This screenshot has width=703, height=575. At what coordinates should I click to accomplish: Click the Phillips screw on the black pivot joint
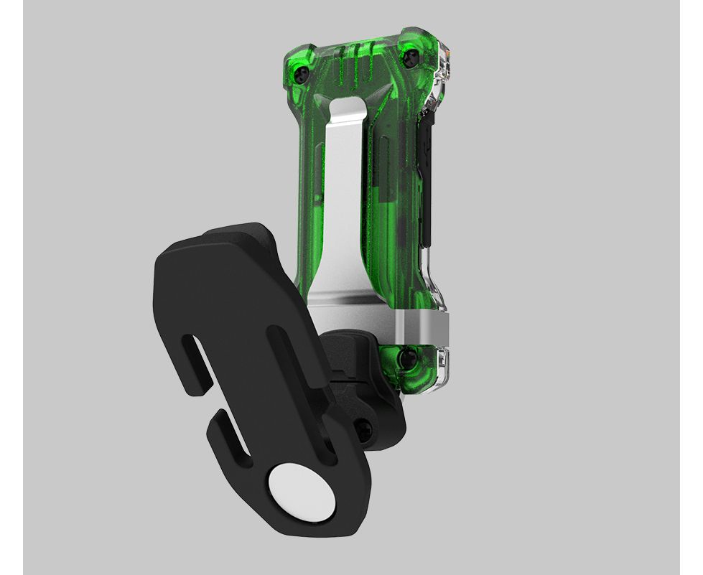[365, 431]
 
